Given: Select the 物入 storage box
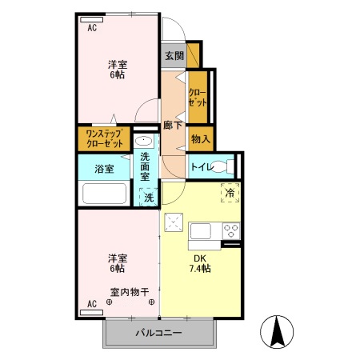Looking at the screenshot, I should pos(200,138).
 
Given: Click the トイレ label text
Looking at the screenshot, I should pos(201,167).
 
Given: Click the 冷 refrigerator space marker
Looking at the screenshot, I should pos(230,192).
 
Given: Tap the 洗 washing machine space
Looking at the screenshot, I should pos(148,197).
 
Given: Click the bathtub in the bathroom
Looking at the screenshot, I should pos(105,194).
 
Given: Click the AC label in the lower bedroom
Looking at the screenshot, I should pos(92,304).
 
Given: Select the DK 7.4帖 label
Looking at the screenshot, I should pos(200,263).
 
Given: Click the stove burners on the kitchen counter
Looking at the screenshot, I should pos(230,231).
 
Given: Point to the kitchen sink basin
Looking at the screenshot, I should pos(200,231).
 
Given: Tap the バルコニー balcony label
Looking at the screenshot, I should pos(158,332).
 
